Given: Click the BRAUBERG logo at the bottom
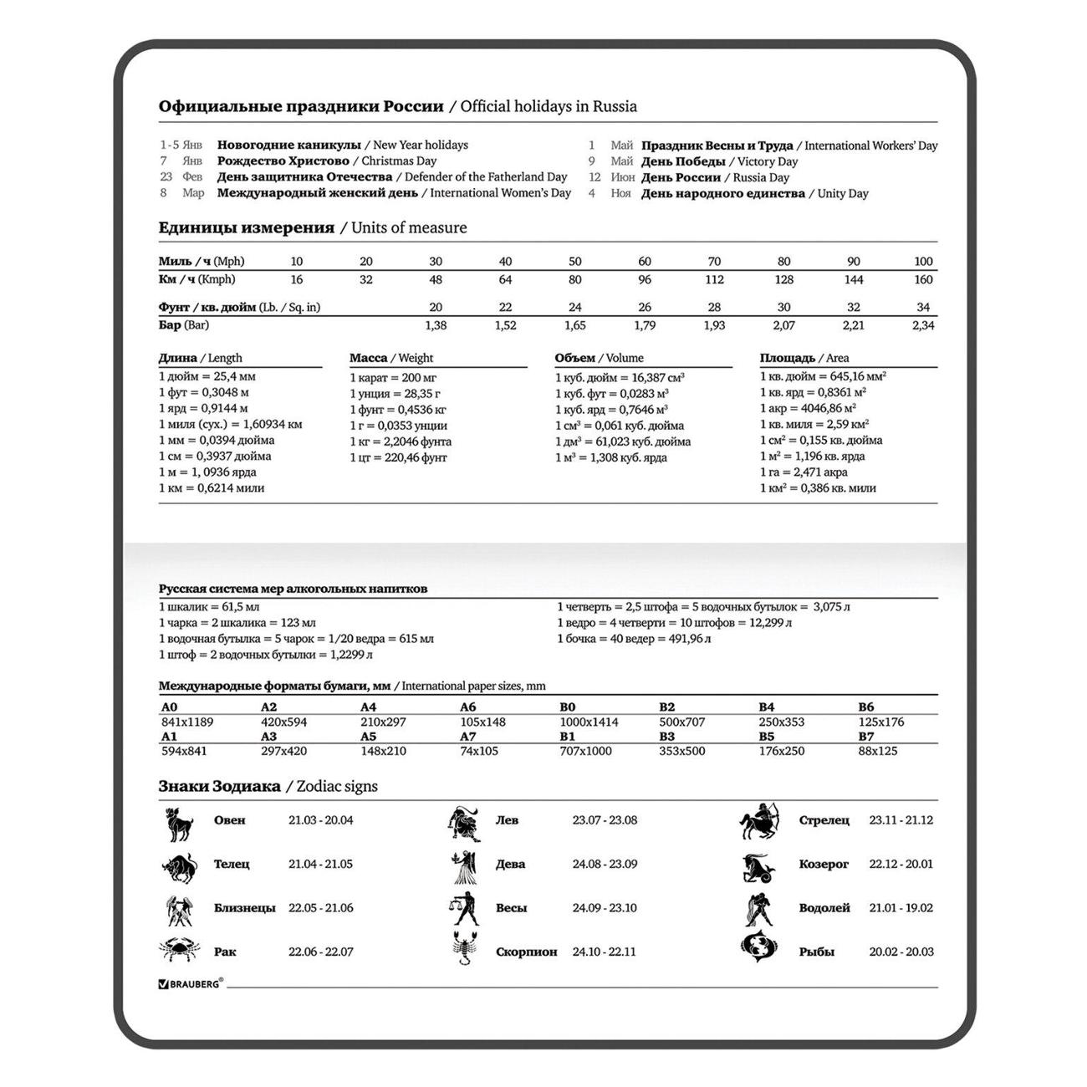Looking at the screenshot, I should click(x=191, y=984).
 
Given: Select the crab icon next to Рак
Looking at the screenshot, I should click(x=178, y=950).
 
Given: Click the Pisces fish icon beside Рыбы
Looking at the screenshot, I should click(x=758, y=948).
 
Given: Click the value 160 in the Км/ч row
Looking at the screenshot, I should click(x=923, y=279).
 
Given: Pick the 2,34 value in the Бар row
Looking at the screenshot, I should click(x=923, y=325).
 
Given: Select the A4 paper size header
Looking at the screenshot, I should click(x=368, y=707).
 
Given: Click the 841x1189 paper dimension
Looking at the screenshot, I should click(x=187, y=722).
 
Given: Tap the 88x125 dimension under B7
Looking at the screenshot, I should click(x=878, y=751).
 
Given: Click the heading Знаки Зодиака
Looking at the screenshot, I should click(x=220, y=786).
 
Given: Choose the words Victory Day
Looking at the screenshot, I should click(x=768, y=161).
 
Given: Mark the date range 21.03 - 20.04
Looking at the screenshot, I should click(x=321, y=820).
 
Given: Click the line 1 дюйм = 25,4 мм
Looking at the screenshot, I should click(x=207, y=377).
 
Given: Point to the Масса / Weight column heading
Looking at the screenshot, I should click(x=391, y=358).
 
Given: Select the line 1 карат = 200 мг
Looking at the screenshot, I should click(x=393, y=378).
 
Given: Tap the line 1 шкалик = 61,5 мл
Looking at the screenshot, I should click(x=209, y=607).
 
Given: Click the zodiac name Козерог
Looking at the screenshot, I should click(x=824, y=864).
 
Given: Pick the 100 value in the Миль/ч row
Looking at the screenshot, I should click(x=923, y=262).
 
